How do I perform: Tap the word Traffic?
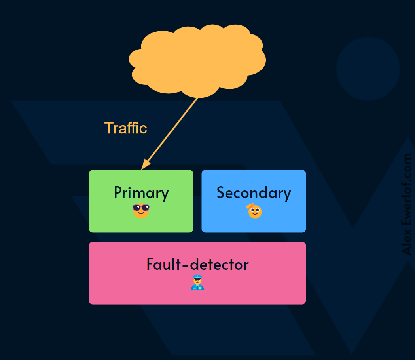pos(125,128)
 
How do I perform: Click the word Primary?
pos(141,193)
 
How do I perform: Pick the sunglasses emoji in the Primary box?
pos(141,210)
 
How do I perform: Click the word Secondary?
pos(254,193)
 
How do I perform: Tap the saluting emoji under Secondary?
pos(254,211)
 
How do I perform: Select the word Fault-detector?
pos(197,264)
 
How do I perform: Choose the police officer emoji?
pos(197,282)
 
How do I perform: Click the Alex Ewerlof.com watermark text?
pos(407,204)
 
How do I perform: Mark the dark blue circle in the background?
pos(368,69)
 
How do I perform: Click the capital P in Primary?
pos(118,192)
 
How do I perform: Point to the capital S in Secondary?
pos(221,192)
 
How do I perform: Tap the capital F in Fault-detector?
pos(150,264)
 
